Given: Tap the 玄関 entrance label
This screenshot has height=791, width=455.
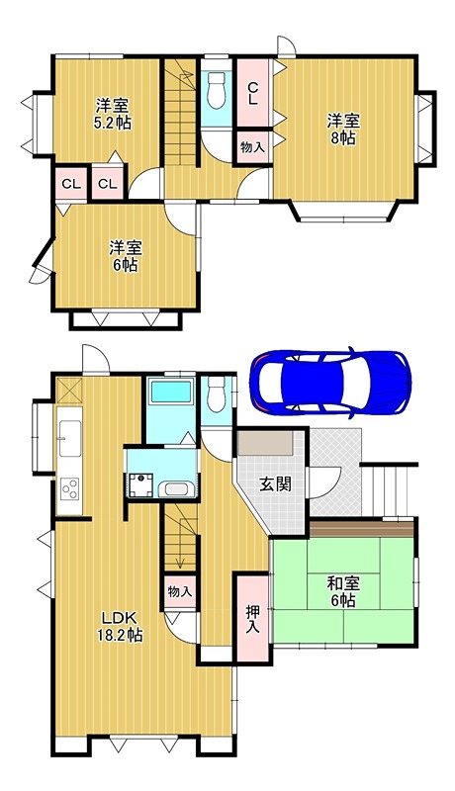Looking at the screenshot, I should click(x=275, y=484).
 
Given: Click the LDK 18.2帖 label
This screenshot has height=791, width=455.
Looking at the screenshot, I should click(x=119, y=627).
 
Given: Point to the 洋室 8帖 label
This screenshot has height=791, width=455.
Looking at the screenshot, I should click(x=344, y=130).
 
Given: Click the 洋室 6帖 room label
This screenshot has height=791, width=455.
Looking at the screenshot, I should click(x=125, y=255).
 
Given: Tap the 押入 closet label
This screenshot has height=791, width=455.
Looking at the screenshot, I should click(x=251, y=619).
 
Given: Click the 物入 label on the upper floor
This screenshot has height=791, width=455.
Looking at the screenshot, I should click(x=251, y=146).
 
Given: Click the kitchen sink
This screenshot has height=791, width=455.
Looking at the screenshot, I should click(x=70, y=436).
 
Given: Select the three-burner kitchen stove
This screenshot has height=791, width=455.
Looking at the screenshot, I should click(x=69, y=488).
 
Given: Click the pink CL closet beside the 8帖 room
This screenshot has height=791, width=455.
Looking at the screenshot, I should click(x=253, y=93).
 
